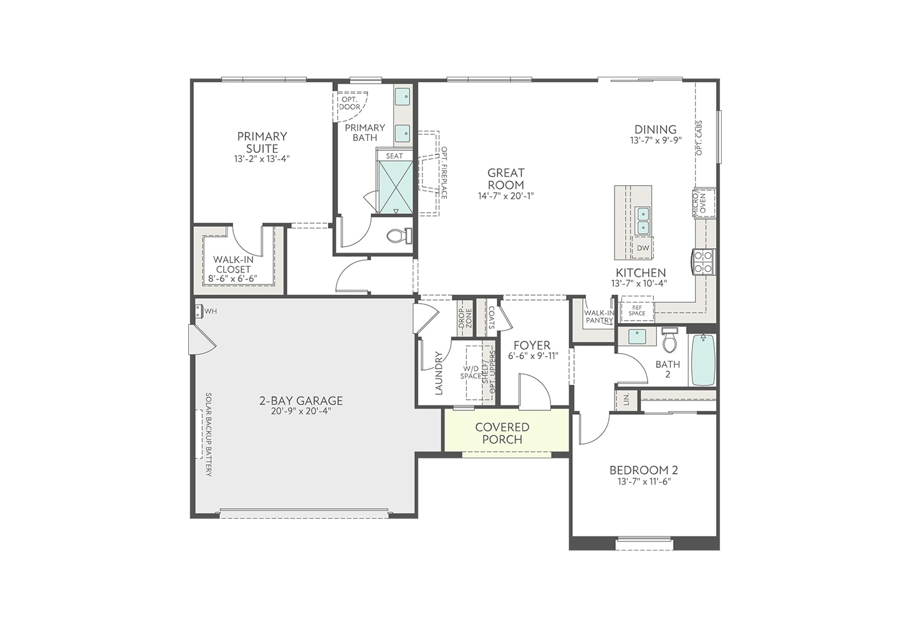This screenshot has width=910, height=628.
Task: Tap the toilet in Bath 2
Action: coord(669,341)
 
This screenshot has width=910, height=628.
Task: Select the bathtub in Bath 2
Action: coord(703,360)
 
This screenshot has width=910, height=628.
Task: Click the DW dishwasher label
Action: coord(643,248)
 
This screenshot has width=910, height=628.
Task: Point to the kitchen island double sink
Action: coord(642,220)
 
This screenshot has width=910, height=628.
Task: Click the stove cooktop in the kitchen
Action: coord(704,262)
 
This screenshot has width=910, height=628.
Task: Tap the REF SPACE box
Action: coord(637,311)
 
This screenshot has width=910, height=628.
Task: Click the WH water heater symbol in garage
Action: coord(199,311)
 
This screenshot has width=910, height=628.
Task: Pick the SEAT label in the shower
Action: coord(394,156)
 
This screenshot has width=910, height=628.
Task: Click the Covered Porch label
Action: coord(502,433)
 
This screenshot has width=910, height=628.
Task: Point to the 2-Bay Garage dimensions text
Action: coord(302,412)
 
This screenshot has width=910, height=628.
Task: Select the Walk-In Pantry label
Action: coord(599,317)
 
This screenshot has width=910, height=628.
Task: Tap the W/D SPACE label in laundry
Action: coord(471,372)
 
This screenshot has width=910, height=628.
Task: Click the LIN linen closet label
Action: coord(626,400)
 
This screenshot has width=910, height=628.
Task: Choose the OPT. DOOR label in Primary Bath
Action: coord(350,103)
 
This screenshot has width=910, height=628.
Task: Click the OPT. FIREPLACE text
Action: coord(444,173)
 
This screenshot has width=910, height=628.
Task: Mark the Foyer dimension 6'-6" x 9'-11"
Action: coord(533,356)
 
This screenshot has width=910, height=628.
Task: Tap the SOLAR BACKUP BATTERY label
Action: coord(209,435)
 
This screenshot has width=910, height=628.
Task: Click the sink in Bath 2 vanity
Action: coord(636,337)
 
